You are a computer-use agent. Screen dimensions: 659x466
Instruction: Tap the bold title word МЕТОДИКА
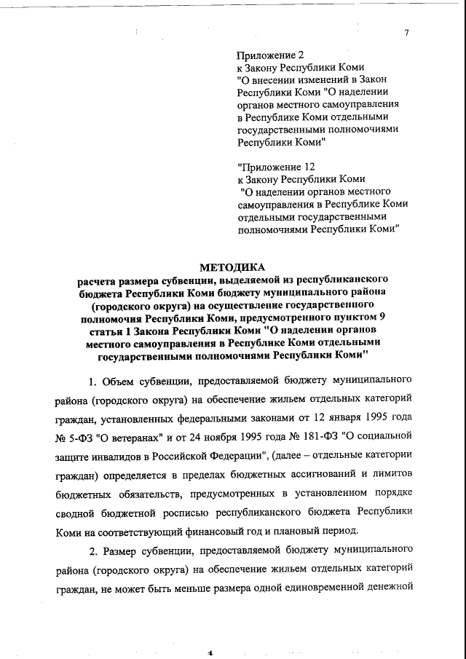(x=233, y=267)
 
